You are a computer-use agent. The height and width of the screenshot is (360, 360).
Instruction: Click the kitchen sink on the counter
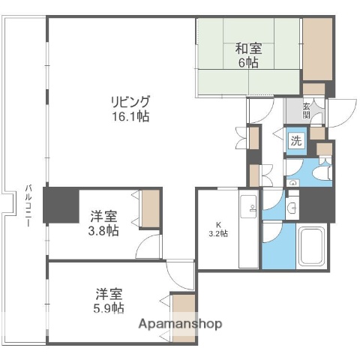(x=249, y=203)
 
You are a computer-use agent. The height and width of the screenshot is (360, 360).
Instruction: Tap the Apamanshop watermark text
(x=180, y=324)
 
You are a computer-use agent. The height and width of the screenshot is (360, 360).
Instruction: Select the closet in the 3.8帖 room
(x=150, y=210)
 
